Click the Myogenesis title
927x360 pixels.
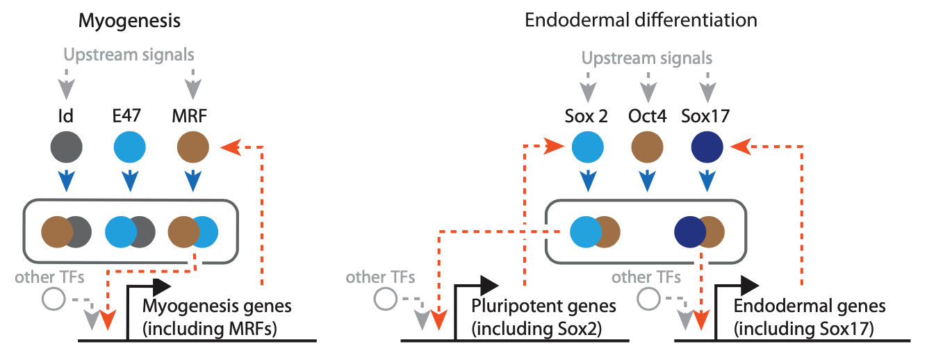129,21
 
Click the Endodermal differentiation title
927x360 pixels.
641,20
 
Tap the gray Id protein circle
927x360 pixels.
67,149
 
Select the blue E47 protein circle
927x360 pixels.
129,149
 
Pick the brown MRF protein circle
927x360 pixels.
192,149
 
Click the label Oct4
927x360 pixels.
647,117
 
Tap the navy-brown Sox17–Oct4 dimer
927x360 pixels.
700,232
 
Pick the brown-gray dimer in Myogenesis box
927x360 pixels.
67,232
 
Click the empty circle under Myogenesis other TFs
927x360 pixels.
54,300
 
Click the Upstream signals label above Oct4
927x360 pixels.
647,58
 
